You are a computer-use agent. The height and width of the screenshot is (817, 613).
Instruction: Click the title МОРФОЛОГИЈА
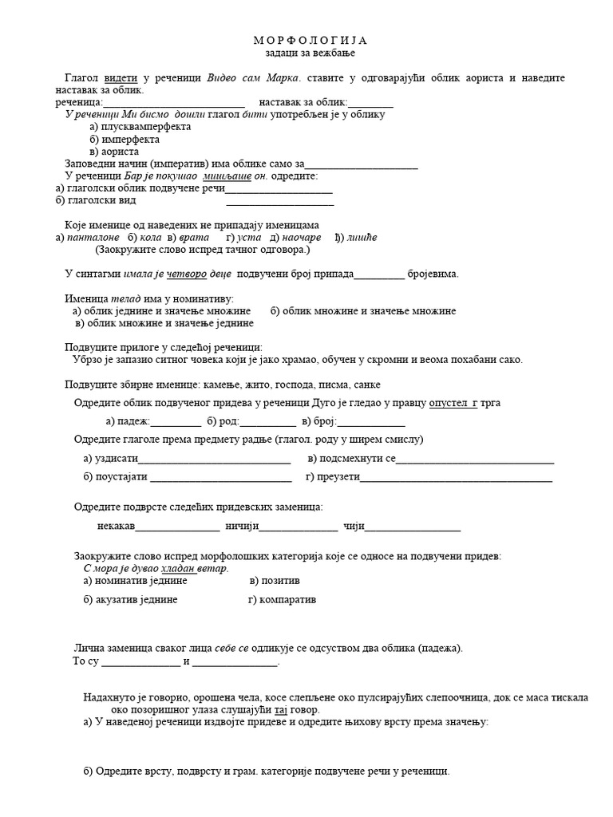coord(310,40)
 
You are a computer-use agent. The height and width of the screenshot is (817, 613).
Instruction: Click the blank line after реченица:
coord(173,103)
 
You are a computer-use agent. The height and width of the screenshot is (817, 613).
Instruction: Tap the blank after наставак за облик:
coord(370,103)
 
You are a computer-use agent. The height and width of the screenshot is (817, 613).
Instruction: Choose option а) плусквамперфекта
coord(140,126)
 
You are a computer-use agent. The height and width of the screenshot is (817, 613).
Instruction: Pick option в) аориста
coord(115,151)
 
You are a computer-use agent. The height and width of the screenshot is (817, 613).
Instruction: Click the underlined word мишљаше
coord(226,176)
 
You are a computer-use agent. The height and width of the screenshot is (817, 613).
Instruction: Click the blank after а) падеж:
coord(176,422)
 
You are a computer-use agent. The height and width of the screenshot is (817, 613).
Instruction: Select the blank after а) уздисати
coord(215,459)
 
